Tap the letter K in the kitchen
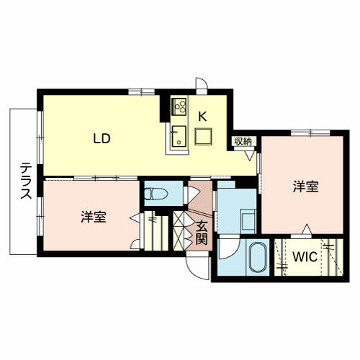click(x=202, y=114)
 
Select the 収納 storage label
click(x=243, y=140)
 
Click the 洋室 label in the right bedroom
click(x=305, y=186)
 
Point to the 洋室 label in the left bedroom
click(x=94, y=216)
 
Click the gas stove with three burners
click(x=178, y=107)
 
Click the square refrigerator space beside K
click(x=204, y=135)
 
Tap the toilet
click(x=156, y=193)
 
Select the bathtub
click(x=256, y=258)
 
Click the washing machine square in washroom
click(x=246, y=220)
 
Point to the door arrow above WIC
click(x=307, y=229)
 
